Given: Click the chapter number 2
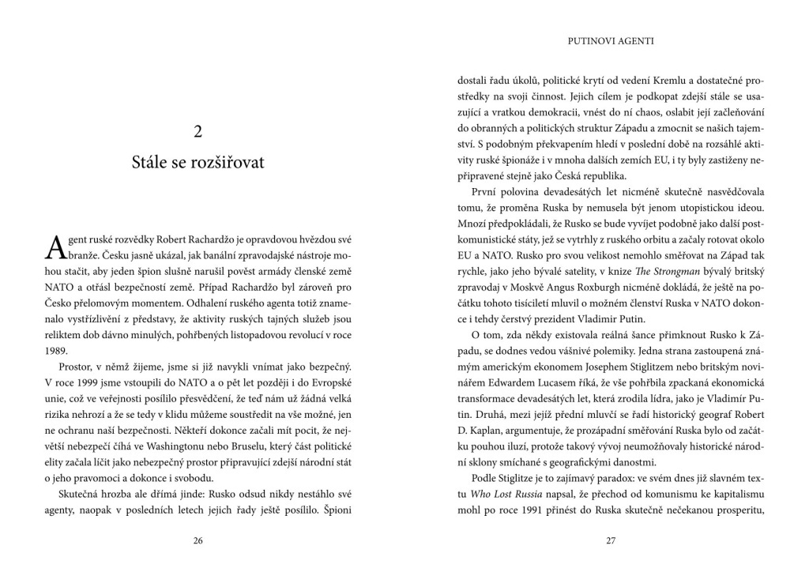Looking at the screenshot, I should tap(198, 132).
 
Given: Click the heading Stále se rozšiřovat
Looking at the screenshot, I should tap(198, 164).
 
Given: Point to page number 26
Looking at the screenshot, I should tap(198, 540).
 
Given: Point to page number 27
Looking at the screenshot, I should tap(611, 540).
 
